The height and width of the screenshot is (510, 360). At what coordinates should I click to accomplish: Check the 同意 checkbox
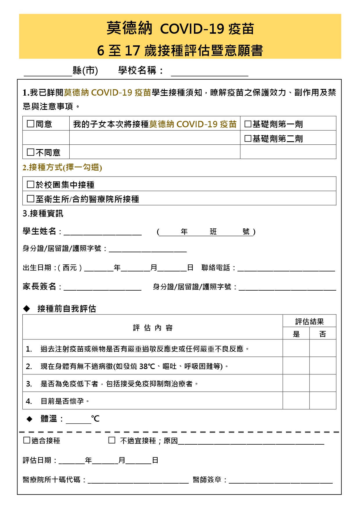point(30,124)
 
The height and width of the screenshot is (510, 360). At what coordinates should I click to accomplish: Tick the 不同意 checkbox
point(30,152)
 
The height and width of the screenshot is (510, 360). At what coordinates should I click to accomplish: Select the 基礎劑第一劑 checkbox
point(248,124)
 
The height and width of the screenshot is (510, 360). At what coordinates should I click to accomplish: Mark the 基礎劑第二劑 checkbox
point(248,138)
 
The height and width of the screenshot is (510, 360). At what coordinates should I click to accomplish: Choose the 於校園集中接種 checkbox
point(30,184)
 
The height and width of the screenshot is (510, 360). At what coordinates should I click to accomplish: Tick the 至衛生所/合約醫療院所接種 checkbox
point(30,198)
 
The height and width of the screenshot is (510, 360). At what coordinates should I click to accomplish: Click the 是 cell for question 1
point(296,348)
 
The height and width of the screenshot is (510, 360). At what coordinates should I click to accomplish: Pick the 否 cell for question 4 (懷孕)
point(323,400)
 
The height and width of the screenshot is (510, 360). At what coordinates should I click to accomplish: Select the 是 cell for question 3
point(296,383)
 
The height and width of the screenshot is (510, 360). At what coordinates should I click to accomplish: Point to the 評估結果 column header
point(309,321)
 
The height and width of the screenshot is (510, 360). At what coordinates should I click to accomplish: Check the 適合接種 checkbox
point(27,440)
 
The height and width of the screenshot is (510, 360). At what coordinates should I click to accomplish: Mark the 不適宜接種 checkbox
point(112,440)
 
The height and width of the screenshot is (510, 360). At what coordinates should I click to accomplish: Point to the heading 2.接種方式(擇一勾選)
point(62,167)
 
